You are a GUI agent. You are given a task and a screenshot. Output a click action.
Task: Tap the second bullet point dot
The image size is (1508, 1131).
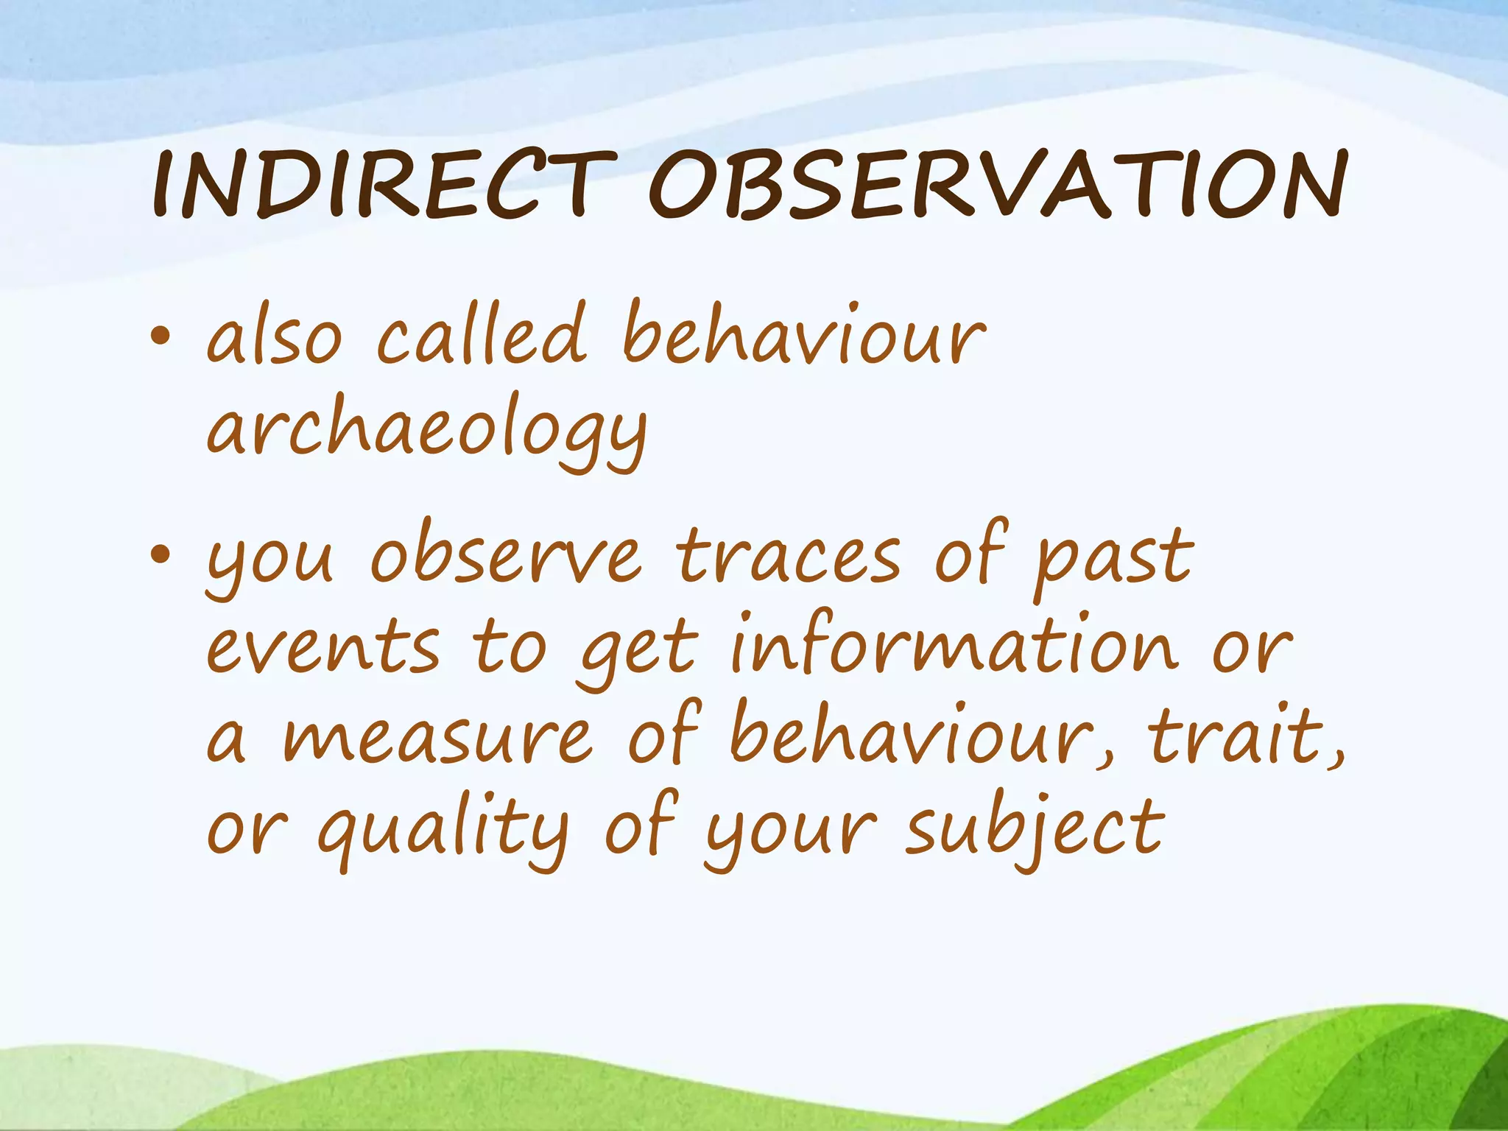[x=160, y=556]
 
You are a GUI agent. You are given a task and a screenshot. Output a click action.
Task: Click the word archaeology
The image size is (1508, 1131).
[x=427, y=431]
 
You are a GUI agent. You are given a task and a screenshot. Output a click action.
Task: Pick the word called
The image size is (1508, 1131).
[x=482, y=335]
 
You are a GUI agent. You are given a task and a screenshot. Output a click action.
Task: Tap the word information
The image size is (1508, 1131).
[x=954, y=644]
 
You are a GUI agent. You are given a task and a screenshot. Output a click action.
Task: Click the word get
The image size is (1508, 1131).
[x=638, y=652]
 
